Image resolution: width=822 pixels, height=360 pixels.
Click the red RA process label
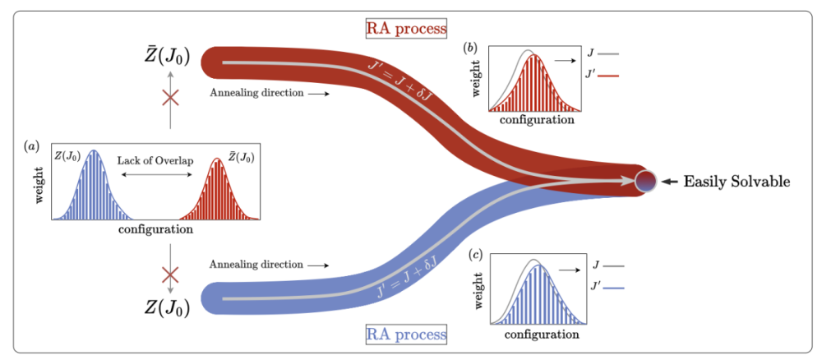pyautogui.click(x=406, y=28)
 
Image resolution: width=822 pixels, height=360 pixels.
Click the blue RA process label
pyautogui.click(x=406, y=334)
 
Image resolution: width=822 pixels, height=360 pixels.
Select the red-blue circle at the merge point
pyautogui.click(x=644, y=181)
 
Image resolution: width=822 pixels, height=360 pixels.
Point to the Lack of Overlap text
pyautogui.click(x=155, y=160)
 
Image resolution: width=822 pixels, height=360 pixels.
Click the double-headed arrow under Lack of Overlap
pyautogui.click(x=155, y=176)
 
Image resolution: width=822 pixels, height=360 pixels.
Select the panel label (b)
pyautogui.click(x=470, y=48)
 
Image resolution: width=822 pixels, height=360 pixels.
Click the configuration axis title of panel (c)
pyautogui.click(x=542, y=333)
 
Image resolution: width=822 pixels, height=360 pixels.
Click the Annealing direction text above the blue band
pyautogui.click(x=256, y=265)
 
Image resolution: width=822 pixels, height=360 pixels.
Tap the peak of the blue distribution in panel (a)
pyautogui.click(x=94, y=150)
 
